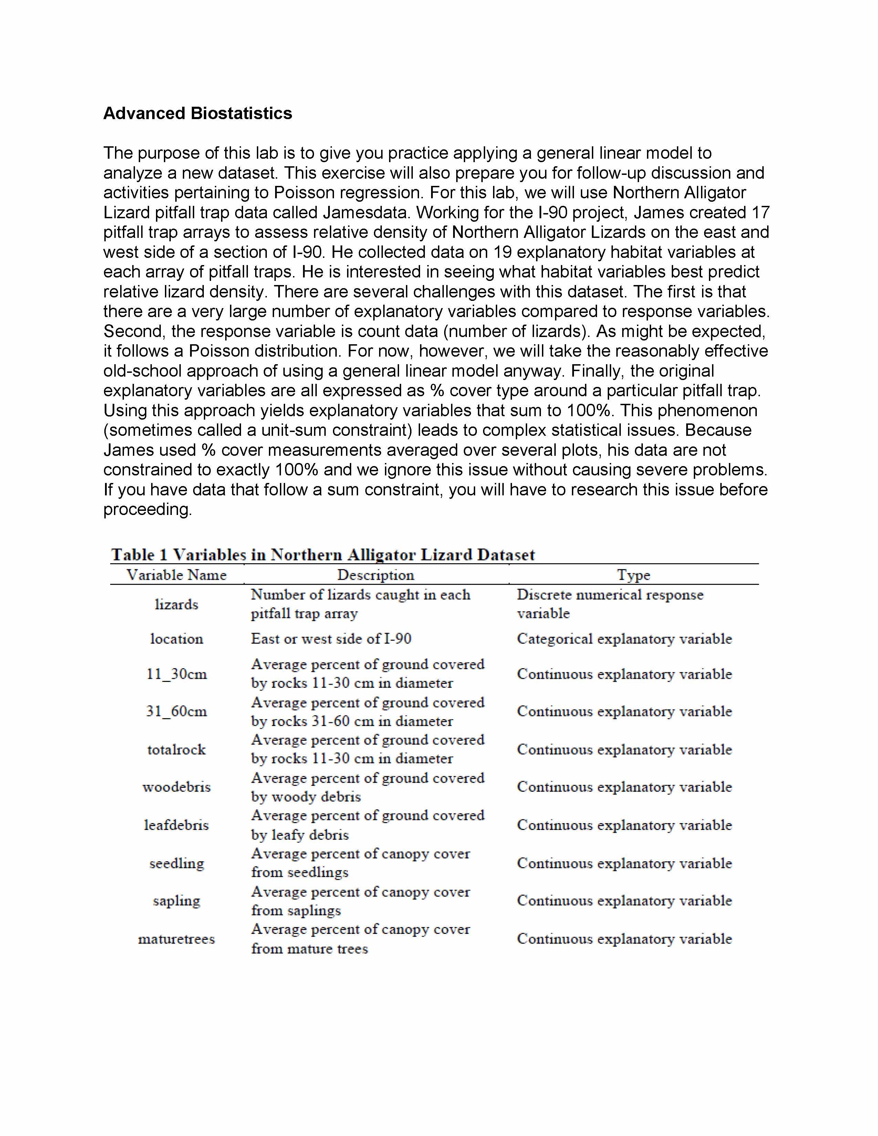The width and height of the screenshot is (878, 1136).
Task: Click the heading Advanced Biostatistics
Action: tap(197, 113)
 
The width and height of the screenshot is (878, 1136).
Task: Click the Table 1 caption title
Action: tap(323, 555)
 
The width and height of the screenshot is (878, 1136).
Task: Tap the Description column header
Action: tap(376, 575)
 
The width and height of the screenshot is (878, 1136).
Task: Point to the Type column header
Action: tap(634, 575)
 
